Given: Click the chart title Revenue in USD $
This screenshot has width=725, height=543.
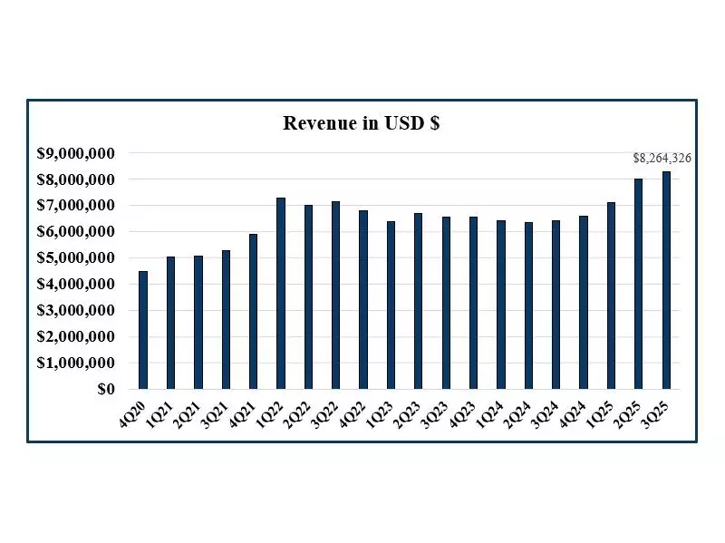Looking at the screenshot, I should pos(362,124).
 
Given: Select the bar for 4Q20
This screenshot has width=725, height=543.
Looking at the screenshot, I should pos(143,330).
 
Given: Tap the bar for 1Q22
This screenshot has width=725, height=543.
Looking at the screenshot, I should pos(281,294).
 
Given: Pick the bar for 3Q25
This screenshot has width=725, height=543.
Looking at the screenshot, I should pos(666,280).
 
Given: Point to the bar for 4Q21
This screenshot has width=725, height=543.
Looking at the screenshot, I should pos(254,312).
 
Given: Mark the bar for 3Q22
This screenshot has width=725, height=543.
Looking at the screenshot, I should pos(336,296).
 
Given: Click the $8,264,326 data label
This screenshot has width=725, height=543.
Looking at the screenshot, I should pos(662,159).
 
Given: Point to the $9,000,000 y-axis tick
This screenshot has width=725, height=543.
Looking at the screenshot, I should pos(75,153).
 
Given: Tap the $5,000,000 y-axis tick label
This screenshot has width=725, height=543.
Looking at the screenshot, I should pos(75,258).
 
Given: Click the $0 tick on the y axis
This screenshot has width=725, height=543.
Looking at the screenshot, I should pos(105,390).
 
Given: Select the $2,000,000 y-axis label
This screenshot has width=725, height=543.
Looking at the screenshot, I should pos(75,337).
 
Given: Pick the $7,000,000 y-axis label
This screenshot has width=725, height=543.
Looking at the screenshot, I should pos(75,206).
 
